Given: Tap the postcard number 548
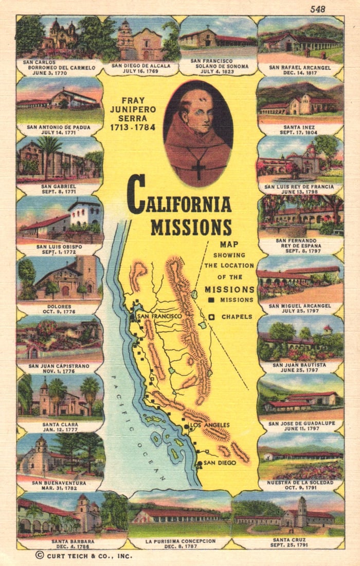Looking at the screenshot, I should tap(317, 9).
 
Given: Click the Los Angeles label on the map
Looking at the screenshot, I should tap(209, 425).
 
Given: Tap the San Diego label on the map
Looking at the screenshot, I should tap(220, 463).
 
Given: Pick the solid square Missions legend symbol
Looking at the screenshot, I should tap(211, 300).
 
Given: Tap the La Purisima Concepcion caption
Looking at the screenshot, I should tap(179, 541).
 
